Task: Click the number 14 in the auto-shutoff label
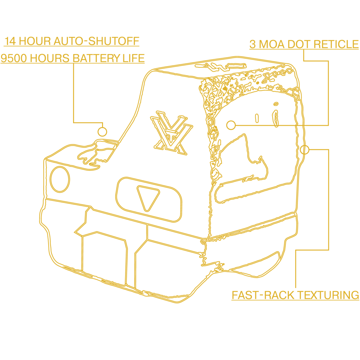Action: tap(10, 41)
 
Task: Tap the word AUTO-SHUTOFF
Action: tap(96, 41)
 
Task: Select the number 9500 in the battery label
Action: tap(14, 58)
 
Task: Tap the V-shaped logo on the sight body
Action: tap(172, 133)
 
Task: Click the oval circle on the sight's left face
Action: tap(60, 179)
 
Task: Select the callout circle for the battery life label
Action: tap(102, 132)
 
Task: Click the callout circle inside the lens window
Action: tap(231, 125)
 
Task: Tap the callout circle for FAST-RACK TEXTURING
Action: tap(304, 150)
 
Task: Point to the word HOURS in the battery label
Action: tap(50, 58)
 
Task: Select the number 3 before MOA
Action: tap(252, 44)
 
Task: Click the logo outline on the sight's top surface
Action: tap(220, 66)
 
